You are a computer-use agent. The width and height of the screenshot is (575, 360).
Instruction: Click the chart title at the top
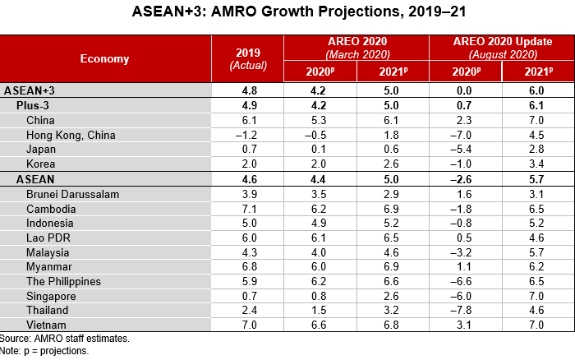(x=287, y=14)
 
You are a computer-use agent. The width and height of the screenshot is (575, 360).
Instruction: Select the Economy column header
(x=104, y=58)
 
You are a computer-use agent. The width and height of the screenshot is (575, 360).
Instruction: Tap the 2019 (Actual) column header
(x=247, y=58)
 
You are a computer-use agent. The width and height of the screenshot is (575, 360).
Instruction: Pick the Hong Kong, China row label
(x=71, y=135)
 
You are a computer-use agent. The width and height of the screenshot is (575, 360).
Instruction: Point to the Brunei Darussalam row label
(x=73, y=194)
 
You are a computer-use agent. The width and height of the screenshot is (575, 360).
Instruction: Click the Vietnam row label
(x=48, y=325)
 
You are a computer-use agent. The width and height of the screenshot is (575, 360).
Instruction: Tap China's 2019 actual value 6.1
(x=247, y=120)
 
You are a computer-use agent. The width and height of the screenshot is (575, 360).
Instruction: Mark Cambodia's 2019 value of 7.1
(x=247, y=209)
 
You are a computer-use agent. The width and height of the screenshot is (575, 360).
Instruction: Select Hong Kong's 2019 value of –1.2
(x=247, y=135)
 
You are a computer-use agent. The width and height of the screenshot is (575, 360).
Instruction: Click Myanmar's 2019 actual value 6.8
(x=247, y=267)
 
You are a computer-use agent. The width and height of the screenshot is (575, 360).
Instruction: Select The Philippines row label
(x=63, y=282)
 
